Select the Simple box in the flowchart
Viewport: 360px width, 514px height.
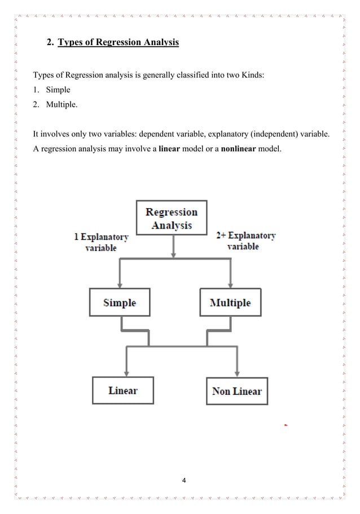(119, 302)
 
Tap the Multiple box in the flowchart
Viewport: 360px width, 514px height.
(230, 302)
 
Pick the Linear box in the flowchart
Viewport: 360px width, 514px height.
(122, 390)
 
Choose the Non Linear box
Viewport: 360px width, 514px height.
(236, 391)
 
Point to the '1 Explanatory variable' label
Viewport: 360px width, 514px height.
(101, 242)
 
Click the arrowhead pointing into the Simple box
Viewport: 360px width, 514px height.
(120, 284)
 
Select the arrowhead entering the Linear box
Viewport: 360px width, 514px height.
(127, 373)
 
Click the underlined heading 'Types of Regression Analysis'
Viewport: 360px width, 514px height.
(118, 42)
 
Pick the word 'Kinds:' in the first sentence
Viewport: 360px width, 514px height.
(251, 75)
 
